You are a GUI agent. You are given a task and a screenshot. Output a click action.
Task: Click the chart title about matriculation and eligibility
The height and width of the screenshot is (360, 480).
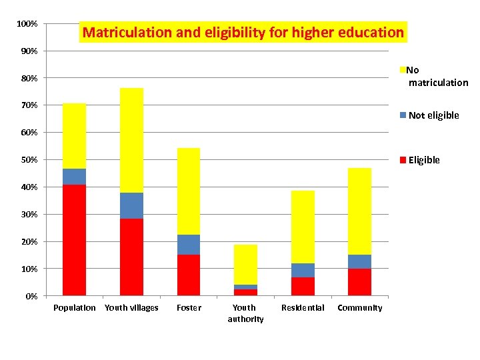[243, 32]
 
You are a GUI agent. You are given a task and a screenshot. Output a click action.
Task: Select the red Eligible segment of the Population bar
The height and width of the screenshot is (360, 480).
[74, 240]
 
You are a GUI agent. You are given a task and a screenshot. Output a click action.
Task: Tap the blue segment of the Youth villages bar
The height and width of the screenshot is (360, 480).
[131, 205]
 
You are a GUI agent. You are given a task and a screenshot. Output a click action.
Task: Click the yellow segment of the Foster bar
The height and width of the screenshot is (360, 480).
[189, 191]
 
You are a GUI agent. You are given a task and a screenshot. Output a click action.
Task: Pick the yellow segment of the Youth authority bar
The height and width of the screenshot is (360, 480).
[245, 265]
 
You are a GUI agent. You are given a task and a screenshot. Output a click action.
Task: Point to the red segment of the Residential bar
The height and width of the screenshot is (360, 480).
[303, 286]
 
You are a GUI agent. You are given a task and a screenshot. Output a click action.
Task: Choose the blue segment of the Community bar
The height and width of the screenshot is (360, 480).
[359, 261]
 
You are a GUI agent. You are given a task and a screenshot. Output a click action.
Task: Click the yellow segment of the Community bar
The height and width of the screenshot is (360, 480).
[359, 211]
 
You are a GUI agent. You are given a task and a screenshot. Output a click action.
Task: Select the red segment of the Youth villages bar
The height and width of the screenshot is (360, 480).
[131, 257]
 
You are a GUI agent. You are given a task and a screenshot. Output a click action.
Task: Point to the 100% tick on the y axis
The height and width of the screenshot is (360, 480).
[27, 24]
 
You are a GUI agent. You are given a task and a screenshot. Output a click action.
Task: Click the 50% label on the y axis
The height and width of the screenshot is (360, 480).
[28, 160]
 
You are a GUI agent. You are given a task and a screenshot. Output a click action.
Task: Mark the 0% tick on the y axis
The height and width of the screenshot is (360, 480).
[31, 296]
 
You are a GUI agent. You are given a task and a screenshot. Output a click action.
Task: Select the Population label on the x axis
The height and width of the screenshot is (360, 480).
[74, 308]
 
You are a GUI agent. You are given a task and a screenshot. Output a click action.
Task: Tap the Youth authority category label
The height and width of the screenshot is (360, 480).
[245, 313]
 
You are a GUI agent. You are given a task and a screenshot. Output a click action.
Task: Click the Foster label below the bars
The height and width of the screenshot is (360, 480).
[189, 308]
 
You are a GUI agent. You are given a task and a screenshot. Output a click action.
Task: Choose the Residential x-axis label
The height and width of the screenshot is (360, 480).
[303, 308]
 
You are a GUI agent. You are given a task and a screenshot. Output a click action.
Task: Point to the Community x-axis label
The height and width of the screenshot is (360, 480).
[360, 308]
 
